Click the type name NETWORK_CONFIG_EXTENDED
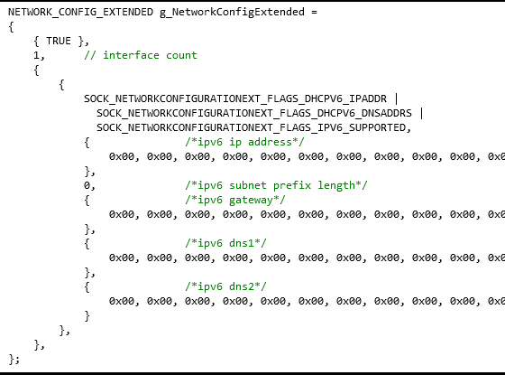point(80,13)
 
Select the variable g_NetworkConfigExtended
point(233,13)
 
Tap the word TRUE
point(59,41)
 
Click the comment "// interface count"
point(141,55)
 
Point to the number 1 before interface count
point(37,55)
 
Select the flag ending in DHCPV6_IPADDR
point(235,98)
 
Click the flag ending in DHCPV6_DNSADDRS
point(254,113)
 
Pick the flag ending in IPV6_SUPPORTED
point(252,127)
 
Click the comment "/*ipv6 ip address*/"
point(244,143)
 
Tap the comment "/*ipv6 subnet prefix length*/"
point(276,185)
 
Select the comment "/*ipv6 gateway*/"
point(235,200)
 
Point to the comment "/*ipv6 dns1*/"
point(225,243)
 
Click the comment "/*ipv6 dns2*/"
point(225,286)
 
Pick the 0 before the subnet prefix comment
point(87,185)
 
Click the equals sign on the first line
point(314,13)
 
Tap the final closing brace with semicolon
point(14,359)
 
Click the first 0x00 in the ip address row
point(122,157)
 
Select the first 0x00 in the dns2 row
point(122,301)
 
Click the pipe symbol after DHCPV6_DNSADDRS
point(422,113)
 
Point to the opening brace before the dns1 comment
point(87,243)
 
